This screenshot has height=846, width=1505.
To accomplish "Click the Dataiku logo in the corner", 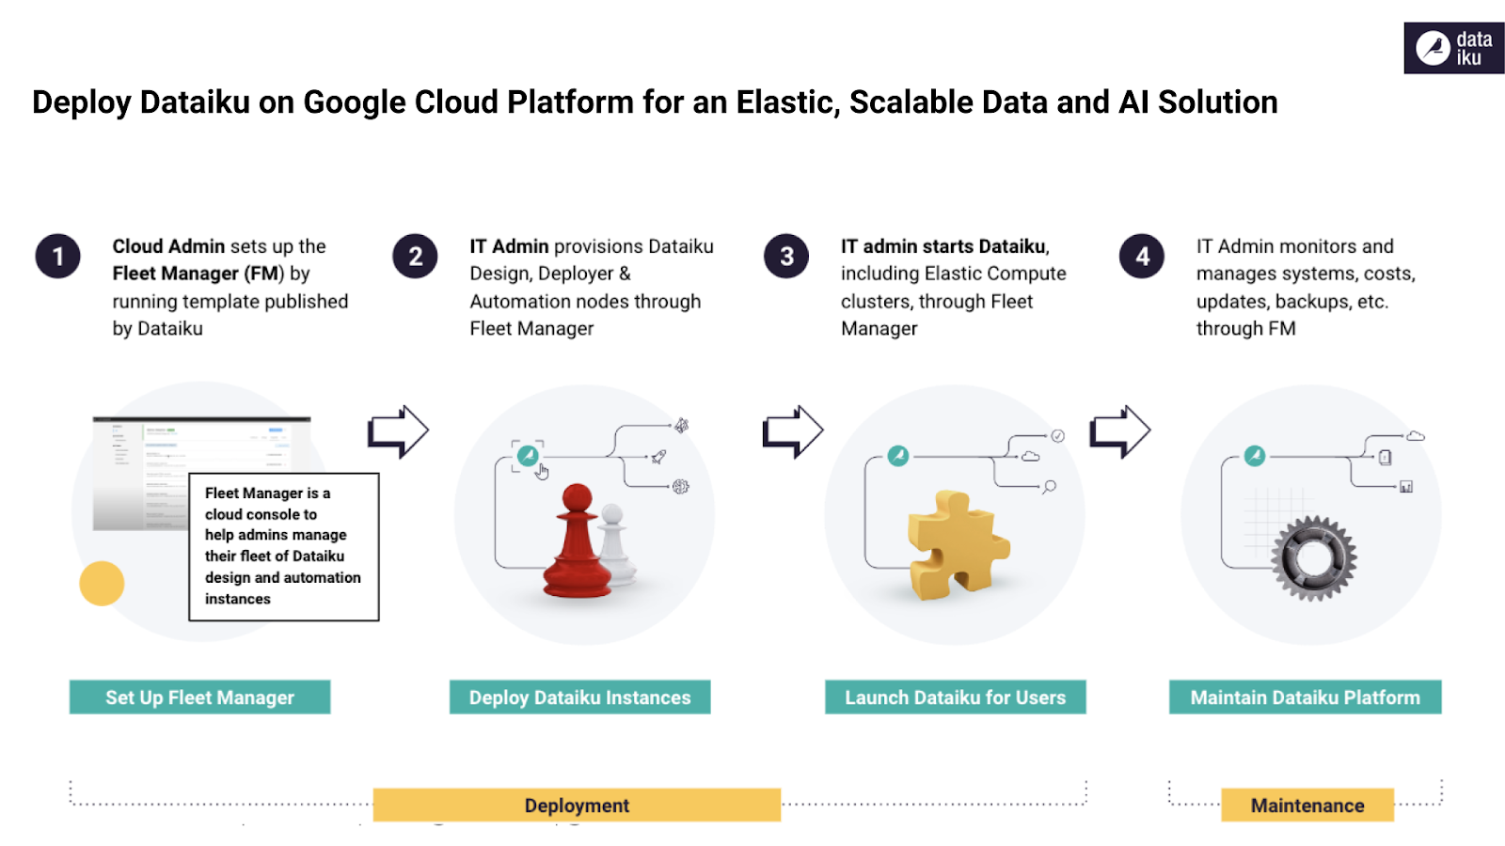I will click(1453, 48).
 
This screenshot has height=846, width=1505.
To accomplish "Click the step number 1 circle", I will click(58, 257).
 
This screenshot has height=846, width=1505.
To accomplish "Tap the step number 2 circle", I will click(415, 257).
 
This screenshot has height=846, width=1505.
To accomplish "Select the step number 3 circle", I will click(786, 257).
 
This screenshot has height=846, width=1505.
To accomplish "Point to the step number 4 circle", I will click(1142, 257).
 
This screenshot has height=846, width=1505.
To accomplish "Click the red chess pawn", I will click(576, 545).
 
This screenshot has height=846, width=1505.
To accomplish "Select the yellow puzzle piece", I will click(956, 546).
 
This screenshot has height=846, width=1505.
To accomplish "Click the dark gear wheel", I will click(1313, 558).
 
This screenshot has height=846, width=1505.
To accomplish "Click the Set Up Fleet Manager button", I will click(199, 697).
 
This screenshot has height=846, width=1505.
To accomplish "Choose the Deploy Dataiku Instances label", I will click(579, 697).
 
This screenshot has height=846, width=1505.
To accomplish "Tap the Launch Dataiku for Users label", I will click(955, 697).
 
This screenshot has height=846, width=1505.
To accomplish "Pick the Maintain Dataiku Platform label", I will click(1305, 697).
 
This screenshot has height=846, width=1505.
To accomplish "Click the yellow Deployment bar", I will click(577, 806).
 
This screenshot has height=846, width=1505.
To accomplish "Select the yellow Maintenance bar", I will click(1307, 806).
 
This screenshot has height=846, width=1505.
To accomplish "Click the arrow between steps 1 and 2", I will click(398, 432).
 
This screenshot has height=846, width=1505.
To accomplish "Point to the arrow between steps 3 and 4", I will click(1119, 432).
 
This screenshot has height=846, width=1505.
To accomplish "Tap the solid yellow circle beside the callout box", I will click(102, 584).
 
